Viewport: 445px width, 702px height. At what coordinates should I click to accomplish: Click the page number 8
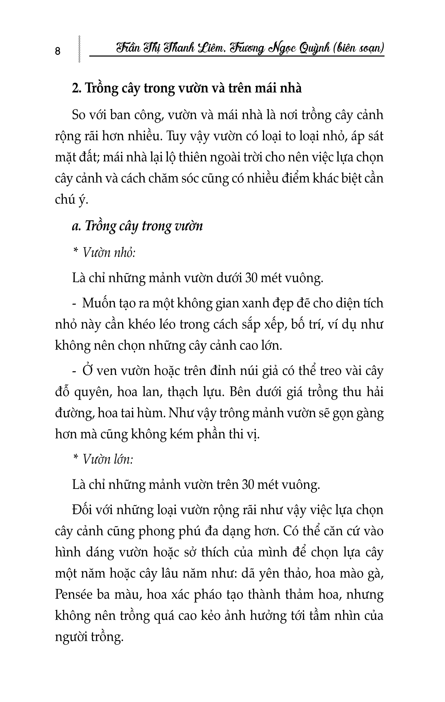click(x=58, y=51)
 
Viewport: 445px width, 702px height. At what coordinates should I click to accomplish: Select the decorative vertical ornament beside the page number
click(x=79, y=49)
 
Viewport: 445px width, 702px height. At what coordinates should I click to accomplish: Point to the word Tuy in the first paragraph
click(x=176, y=137)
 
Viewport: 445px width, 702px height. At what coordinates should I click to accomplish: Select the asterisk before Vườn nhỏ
click(x=76, y=251)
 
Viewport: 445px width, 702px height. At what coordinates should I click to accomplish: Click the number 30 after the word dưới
click(x=251, y=278)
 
